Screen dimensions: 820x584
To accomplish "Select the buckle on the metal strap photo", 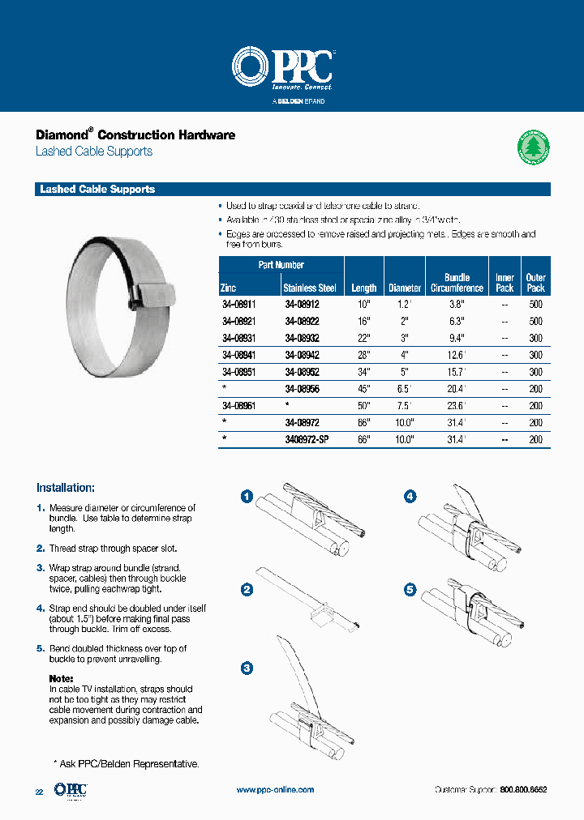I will (152, 290).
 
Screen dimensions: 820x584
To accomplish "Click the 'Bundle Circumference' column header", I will (457, 282).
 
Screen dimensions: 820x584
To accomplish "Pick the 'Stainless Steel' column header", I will (310, 288).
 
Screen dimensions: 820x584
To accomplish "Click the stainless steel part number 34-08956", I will (302, 388).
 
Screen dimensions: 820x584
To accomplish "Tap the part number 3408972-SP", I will (307, 438).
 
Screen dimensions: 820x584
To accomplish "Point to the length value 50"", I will (363, 405).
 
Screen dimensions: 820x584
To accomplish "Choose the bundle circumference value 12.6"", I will (457, 355).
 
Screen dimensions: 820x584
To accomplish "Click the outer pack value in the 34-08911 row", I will (535, 305).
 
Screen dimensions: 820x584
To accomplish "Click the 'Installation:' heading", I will (66, 488).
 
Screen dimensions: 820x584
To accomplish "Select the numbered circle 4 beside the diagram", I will (411, 496).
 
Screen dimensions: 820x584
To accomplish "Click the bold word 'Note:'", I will (61, 678).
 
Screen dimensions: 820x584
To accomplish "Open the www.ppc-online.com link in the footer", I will (275, 789).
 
